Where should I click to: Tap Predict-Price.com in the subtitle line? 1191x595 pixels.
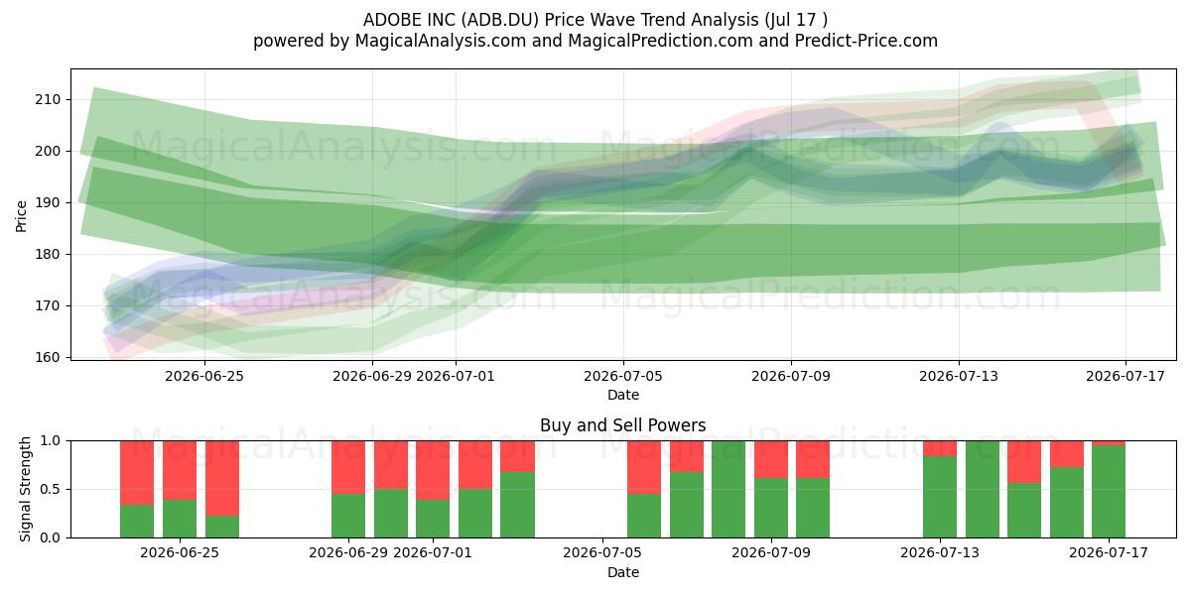pos(866,41)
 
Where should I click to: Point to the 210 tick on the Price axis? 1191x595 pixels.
pos(48,99)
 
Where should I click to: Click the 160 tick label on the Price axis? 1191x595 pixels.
pos(48,357)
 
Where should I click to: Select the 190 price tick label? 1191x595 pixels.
pos(48,202)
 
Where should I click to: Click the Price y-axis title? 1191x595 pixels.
pos(21,216)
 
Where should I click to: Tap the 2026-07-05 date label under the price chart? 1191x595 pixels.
pos(623,376)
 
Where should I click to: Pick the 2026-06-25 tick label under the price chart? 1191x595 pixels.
pos(204,376)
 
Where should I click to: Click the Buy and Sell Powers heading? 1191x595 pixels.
pos(623,425)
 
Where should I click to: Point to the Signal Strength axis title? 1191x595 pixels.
pos(25,489)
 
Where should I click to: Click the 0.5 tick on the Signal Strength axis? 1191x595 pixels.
pos(52,489)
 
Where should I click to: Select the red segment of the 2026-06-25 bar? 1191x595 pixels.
pos(180,470)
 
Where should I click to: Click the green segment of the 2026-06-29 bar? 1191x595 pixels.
pos(348,516)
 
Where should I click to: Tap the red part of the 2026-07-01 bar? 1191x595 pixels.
pos(433,470)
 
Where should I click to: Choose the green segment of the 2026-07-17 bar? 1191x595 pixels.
pos(1109,492)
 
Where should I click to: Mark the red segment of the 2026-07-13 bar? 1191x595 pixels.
pos(940,448)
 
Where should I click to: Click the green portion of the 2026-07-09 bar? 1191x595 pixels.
pos(771,508)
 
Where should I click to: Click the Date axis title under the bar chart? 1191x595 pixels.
pos(623,572)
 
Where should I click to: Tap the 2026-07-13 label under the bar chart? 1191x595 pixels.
pos(940,552)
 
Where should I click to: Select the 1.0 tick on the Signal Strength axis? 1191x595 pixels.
pos(52,441)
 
